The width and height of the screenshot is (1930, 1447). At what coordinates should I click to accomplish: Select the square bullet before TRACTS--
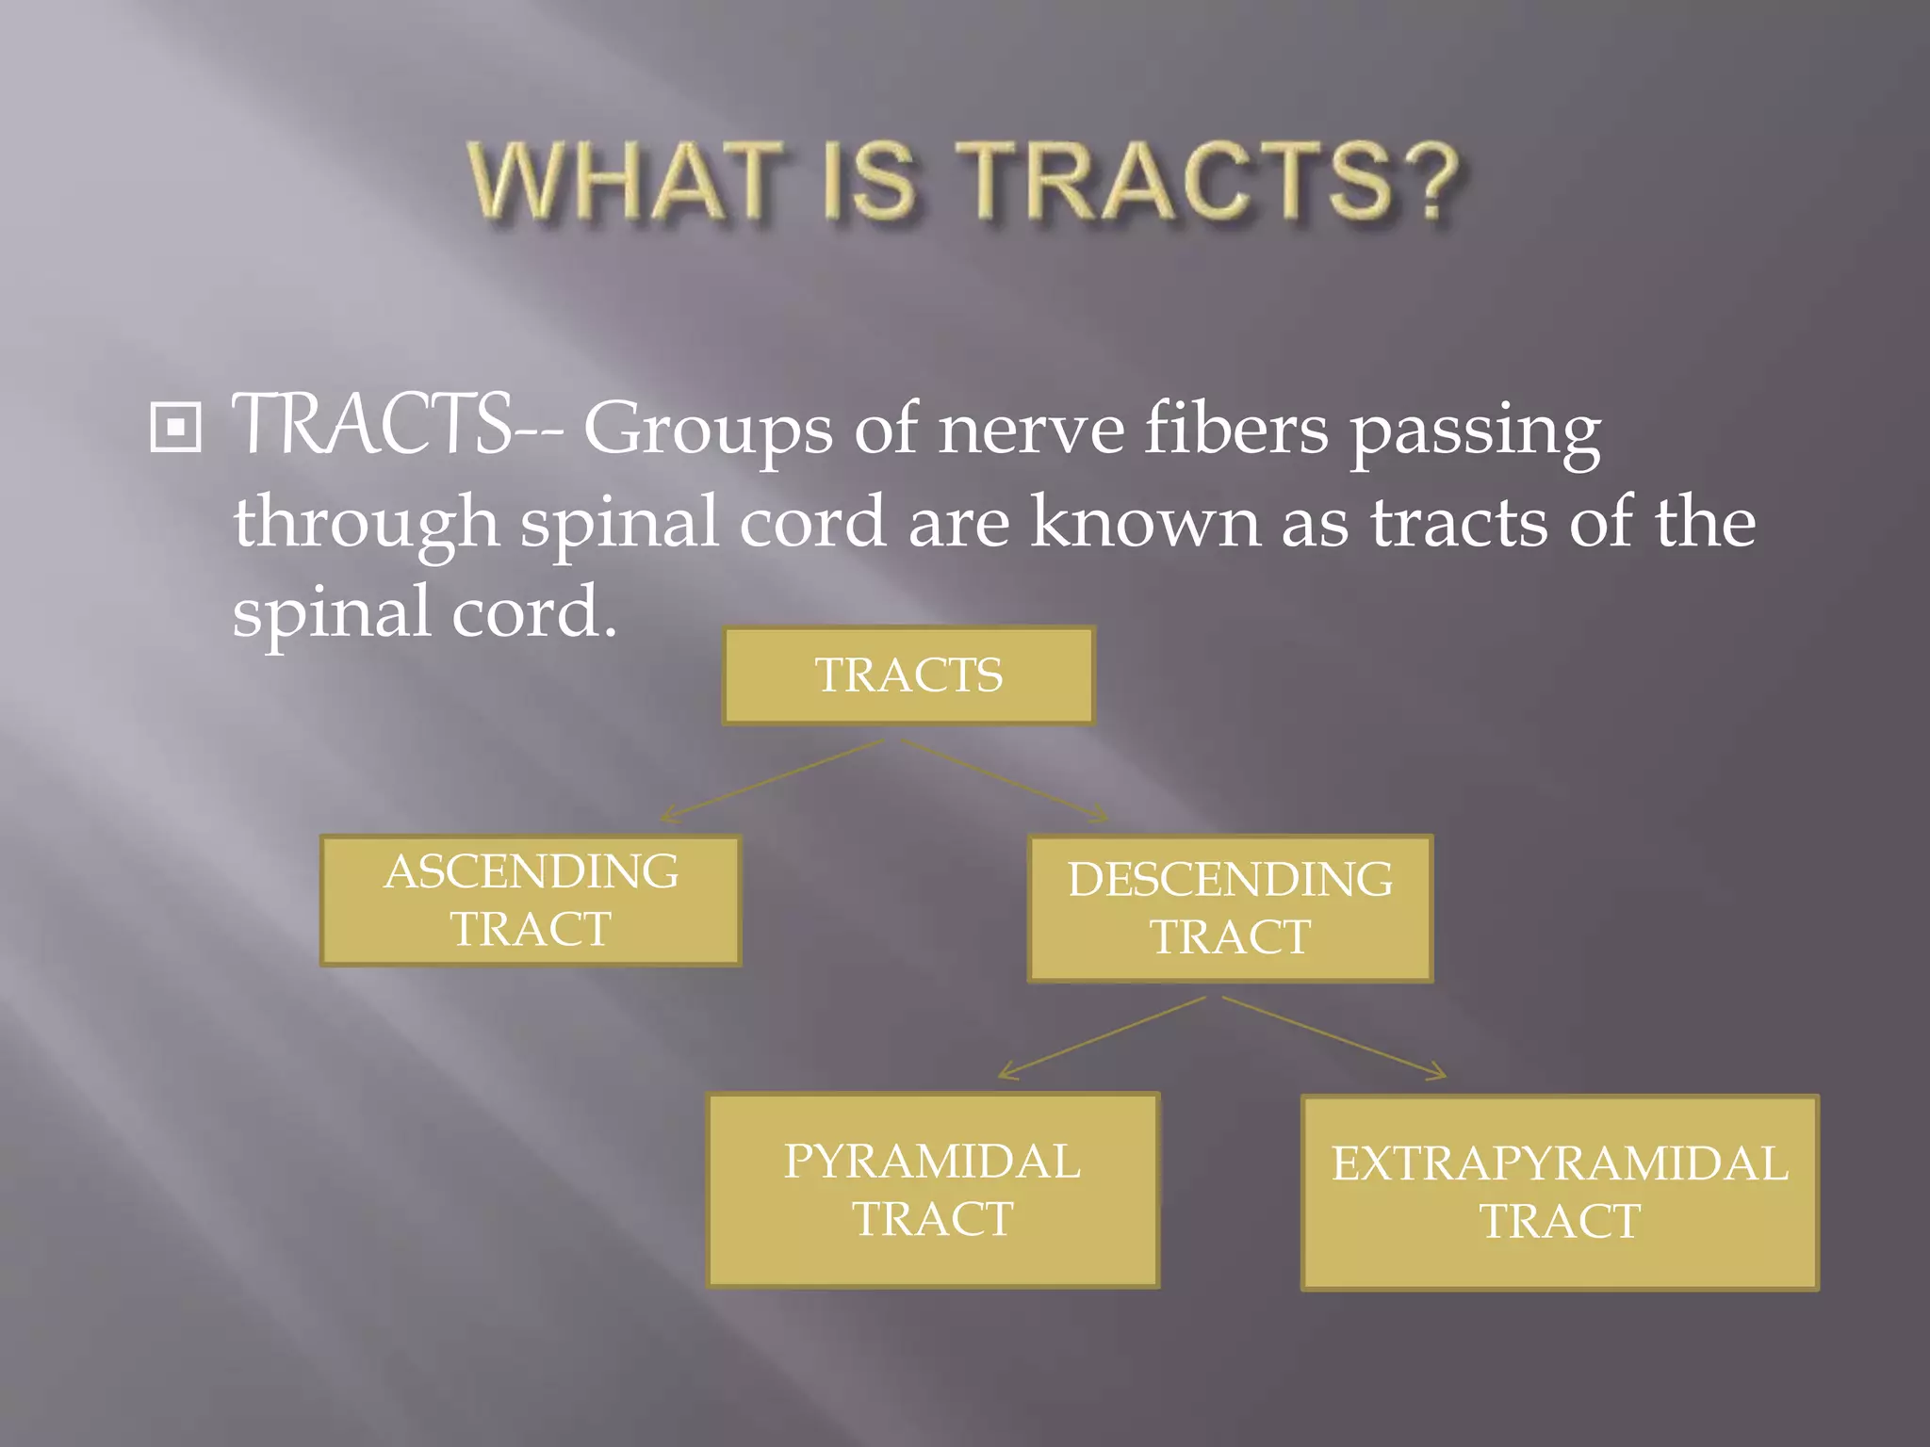[x=176, y=429]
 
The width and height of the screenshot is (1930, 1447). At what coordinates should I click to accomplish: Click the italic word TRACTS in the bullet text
[x=371, y=426]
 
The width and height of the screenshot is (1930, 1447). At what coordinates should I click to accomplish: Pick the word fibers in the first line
[x=1235, y=429]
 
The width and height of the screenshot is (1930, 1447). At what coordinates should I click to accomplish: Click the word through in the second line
[x=366, y=524]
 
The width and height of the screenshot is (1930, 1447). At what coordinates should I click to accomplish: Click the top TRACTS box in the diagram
[x=908, y=675]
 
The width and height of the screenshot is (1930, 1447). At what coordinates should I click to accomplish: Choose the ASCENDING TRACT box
[x=531, y=901]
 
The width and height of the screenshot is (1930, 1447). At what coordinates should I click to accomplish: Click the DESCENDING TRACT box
[x=1230, y=908]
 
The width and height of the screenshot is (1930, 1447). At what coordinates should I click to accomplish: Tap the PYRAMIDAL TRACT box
[x=933, y=1190]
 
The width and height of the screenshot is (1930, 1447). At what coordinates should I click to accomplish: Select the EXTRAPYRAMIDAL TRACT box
[x=1560, y=1193]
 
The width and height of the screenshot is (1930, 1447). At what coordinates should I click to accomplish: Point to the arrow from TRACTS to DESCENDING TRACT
[x=1005, y=780]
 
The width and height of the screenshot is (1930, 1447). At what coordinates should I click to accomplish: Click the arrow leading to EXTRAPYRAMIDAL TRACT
[x=1333, y=1037]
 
